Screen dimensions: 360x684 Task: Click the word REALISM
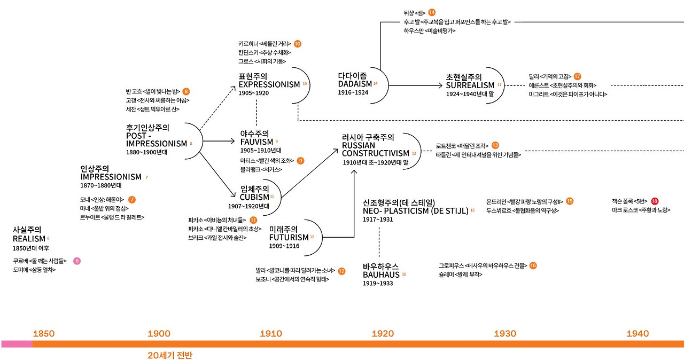click(x=28, y=239)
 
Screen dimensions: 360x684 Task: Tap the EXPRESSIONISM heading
click(x=269, y=84)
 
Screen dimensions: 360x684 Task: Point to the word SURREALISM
click(x=470, y=85)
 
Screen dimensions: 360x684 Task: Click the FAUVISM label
click(x=256, y=142)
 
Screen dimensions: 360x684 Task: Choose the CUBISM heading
click(x=254, y=197)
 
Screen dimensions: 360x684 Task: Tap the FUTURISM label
click(x=289, y=238)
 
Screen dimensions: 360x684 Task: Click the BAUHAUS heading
click(x=381, y=275)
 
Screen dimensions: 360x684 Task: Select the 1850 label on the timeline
click(x=44, y=334)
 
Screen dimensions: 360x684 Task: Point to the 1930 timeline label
click(x=505, y=334)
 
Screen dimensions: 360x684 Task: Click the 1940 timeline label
click(x=638, y=334)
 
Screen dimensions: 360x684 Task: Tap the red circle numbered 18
click(x=655, y=201)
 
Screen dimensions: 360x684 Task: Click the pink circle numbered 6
click(x=77, y=261)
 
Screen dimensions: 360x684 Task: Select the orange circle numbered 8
click(x=186, y=91)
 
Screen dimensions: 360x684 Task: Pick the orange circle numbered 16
click(x=533, y=265)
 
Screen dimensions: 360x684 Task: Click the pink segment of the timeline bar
click(x=17, y=344)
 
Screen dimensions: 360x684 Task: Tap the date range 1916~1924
click(x=353, y=92)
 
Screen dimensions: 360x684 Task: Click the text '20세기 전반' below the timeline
click(x=169, y=355)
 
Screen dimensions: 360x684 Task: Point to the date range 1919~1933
click(x=377, y=283)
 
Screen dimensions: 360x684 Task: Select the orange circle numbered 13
click(x=495, y=145)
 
